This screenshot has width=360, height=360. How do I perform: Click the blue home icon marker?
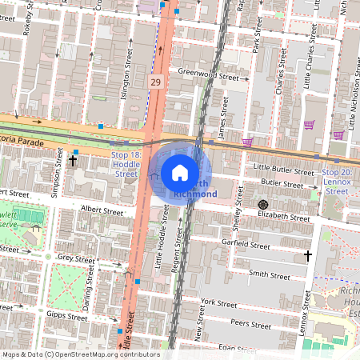180,172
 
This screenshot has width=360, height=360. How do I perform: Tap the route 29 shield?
156,82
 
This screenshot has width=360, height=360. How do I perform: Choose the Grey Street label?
76,258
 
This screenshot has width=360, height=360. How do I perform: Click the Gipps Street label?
66,317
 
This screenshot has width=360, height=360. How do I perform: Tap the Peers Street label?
250,325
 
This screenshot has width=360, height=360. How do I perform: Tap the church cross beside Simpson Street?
73,161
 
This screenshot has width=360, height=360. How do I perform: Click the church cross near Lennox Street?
308,256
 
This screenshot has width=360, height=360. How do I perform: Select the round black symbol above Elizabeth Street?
262,205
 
